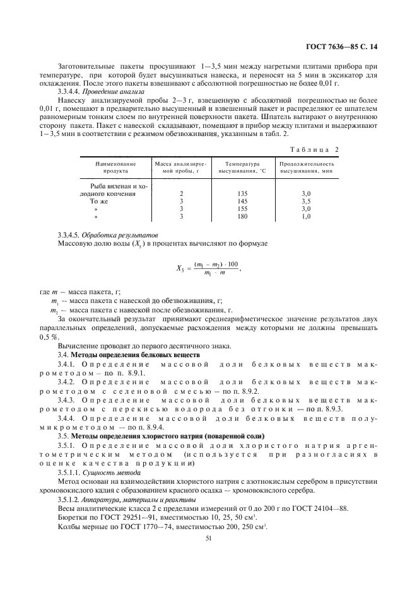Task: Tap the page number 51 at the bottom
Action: [209, 539]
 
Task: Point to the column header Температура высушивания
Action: [242, 167]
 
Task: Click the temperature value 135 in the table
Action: [242, 194]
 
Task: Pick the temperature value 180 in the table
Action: [242, 217]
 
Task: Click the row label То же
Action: [100, 202]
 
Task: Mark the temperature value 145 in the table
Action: [242, 202]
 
